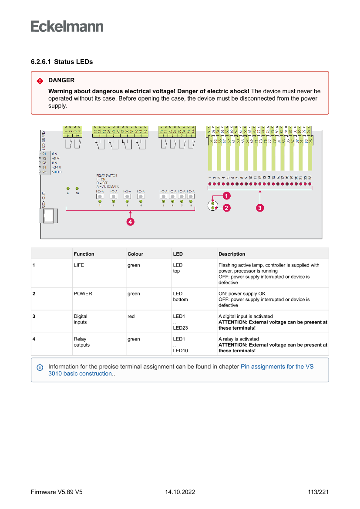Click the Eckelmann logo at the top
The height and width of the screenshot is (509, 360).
tap(67, 26)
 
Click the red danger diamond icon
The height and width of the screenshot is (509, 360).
tap(40, 81)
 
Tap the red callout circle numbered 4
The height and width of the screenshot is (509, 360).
tap(130, 222)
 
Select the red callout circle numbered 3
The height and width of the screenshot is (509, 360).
tap(260, 208)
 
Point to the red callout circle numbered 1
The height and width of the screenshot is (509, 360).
tap(226, 196)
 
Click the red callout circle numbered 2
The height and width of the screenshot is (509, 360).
tap(226, 208)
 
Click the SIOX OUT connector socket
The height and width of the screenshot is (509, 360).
tap(49, 215)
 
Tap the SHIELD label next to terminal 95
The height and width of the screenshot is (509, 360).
tap(57, 172)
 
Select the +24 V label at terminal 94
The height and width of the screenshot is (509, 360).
tap(56, 167)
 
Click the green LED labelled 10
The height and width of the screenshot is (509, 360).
tap(77, 188)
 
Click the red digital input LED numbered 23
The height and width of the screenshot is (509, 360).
tap(310, 184)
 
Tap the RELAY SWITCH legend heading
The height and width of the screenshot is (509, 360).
tap(106, 175)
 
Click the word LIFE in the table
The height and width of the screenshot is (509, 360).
tap(79, 265)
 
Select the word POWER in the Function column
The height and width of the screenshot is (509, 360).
tap(83, 294)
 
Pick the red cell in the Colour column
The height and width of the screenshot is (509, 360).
tap(131, 317)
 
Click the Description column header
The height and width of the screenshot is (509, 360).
tap(232, 254)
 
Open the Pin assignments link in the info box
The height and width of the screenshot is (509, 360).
tap(277, 367)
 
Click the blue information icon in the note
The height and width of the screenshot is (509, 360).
tap(40, 367)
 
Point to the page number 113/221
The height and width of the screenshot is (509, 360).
tap(318, 492)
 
